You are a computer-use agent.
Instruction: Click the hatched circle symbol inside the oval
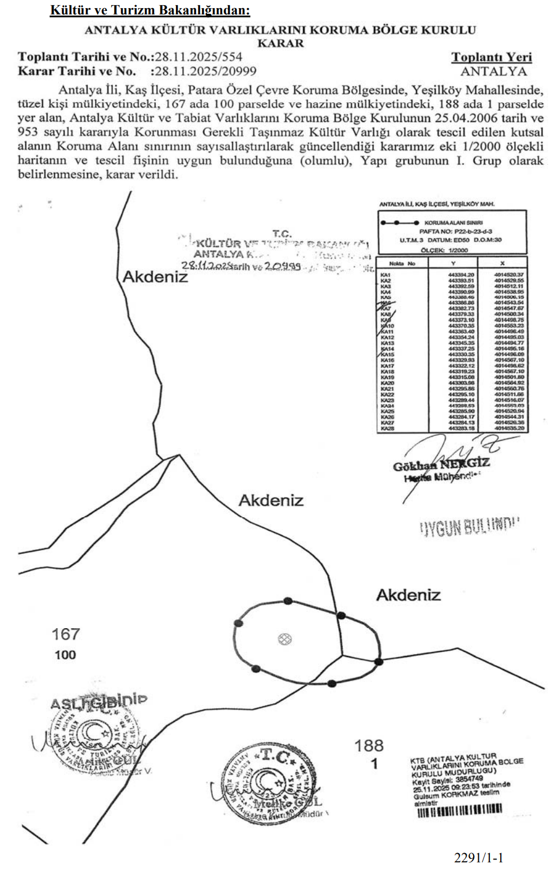[x=284, y=639]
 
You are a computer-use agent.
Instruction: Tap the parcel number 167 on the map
[x=65, y=635]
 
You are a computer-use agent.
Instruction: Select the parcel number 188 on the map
[x=369, y=746]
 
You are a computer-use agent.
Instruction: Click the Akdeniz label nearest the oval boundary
[x=408, y=595]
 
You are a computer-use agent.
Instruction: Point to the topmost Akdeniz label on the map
[x=155, y=277]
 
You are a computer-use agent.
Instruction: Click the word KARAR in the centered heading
[x=280, y=43]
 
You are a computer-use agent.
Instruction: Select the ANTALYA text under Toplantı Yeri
[x=493, y=72]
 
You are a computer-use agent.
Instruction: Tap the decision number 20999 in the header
[x=235, y=72]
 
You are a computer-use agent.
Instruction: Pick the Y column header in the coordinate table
[x=461, y=264]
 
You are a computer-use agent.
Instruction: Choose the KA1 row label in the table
[x=385, y=275]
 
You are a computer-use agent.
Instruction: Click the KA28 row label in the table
[x=387, y=429]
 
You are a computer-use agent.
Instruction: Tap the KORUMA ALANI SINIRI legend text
[x=453, y=223]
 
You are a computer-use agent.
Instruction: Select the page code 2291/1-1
[x=478, y=858]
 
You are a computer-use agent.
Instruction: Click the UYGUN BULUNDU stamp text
[x=468, y=527]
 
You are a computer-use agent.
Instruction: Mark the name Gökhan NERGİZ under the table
[x=441, y=464]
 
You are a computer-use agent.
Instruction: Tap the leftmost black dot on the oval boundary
[x=238, y=623]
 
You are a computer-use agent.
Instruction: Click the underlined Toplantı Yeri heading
[x=491, y=57]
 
